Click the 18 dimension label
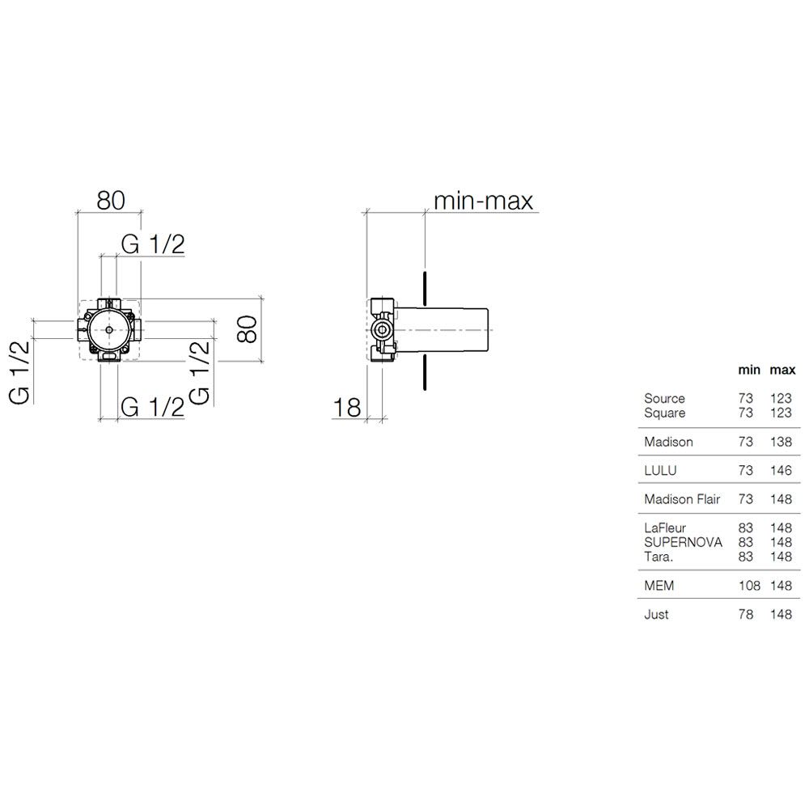[x=347, y=408]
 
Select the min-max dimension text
[x=484, y=201]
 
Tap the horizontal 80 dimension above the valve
[x=111, y=201]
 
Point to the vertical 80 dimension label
[x=247, y=328]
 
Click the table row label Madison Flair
[x=681, y=499]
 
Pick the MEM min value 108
[x=749, y=586]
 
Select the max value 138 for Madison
[x=781, y=442]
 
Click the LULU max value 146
[x=781, y=471]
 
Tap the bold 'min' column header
[x=749, y=370]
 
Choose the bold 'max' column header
[x=782, y=370]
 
